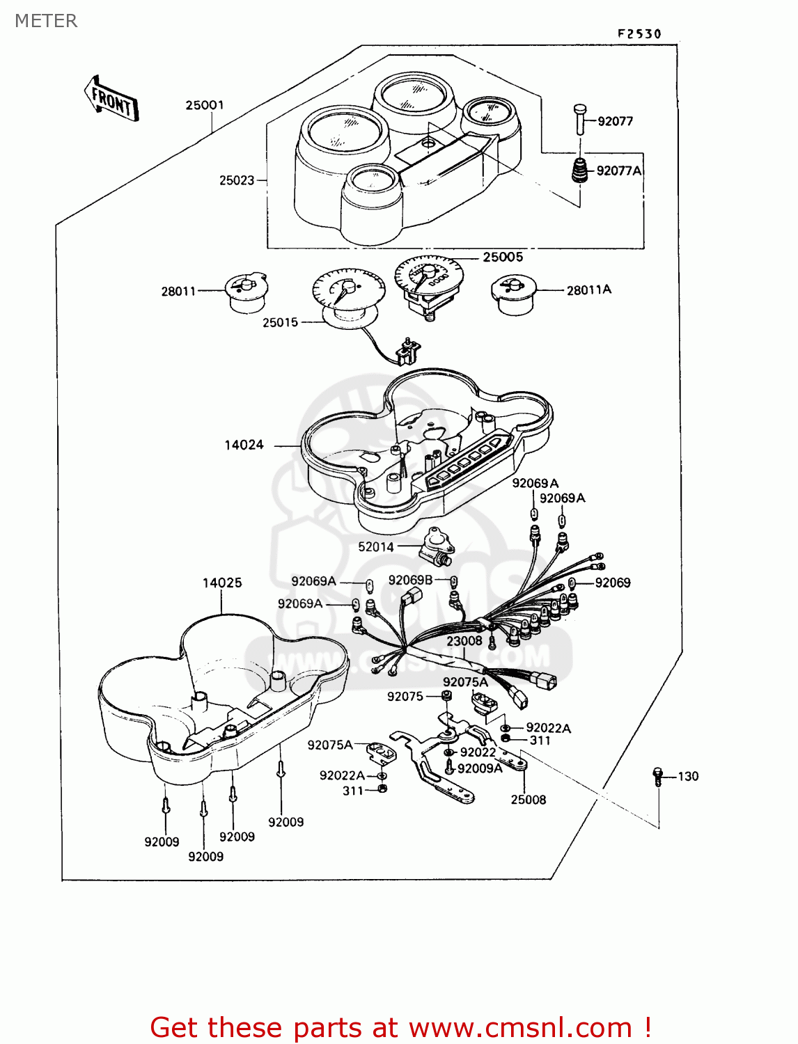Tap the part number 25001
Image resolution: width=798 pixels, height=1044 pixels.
[205, 105]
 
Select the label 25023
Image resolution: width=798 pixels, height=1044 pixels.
[237, 180]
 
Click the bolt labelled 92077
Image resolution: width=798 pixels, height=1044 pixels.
[580, 119]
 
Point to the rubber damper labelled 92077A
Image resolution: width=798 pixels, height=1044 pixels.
[579, 171]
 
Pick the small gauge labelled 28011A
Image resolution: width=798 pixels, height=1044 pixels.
[513, 294]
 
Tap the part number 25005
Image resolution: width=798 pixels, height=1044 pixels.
[503, 258]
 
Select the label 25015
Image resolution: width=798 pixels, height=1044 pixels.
[281, 322]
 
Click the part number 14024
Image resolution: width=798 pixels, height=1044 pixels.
[244, 445]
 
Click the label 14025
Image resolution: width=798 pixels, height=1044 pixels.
[222, 583]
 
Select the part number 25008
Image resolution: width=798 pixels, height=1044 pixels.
[529, 800]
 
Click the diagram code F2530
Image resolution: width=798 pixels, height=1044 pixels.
[639, 34]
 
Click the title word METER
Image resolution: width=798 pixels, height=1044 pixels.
[46, 21]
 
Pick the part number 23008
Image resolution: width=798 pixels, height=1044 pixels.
[464, 641]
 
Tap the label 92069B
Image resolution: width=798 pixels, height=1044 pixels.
[411, 580]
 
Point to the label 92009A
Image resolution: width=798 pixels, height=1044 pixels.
[480, 768]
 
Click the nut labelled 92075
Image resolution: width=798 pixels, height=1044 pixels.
[446, 695]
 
